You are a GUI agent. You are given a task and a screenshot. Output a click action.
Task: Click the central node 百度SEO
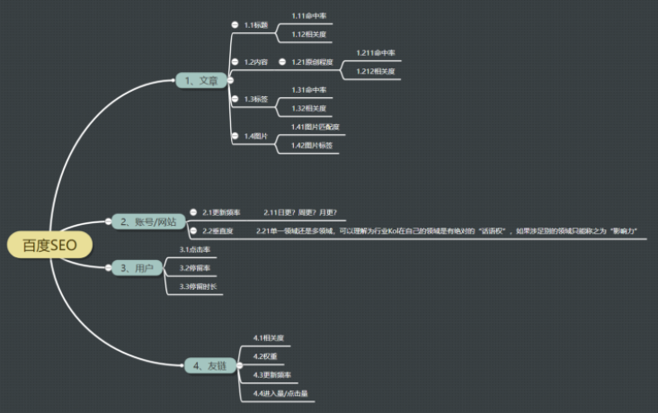click(x=51, y=245)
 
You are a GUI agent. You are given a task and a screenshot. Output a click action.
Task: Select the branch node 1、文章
click(x=200, y=80)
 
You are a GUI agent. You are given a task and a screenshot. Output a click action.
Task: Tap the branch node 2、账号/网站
click(x=147, y=221)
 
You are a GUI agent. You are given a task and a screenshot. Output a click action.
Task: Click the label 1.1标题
click(x=255, y=25)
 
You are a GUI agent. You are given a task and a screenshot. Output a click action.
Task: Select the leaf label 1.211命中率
click(x=375, y=53)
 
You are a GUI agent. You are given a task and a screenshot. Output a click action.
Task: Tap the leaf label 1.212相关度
click(x=375, y=71)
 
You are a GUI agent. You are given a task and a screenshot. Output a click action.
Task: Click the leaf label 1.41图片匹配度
click(x=316, y=127)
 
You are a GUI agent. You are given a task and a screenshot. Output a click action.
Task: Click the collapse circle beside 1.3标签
click(x=235, y=99)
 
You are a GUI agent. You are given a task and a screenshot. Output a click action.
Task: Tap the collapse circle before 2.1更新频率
click(x=192, y=211)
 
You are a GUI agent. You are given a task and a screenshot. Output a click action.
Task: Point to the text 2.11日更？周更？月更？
click(x=300, y=212)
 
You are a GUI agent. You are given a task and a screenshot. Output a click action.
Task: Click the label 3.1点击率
click(x=195, y=249)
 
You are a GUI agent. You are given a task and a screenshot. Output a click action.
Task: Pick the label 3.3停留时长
click(x=198, y=286)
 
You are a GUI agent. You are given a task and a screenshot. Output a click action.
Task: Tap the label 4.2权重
click(x=265, y=356)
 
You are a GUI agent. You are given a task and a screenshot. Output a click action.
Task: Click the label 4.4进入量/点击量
click(x=280, y=393)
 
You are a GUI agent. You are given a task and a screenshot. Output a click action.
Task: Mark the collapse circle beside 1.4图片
click(x=235, y=136)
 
